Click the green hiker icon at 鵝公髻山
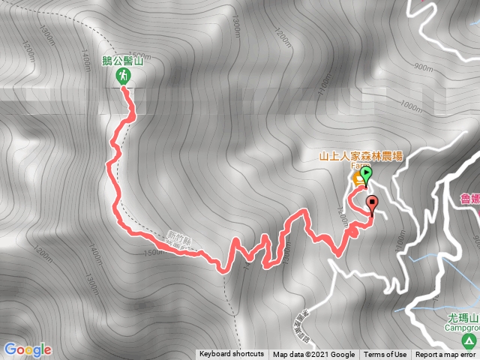click(122, 76)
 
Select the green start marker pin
click(365, 175)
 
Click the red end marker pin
click(373, 202)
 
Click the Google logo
click(27, 349)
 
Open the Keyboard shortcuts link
click(232, 355)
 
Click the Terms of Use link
click(385, 355)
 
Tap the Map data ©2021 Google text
click(313, 355)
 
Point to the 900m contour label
click(424, 67)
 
